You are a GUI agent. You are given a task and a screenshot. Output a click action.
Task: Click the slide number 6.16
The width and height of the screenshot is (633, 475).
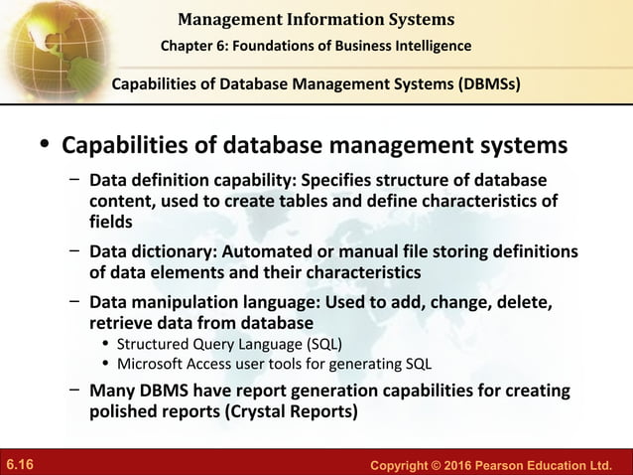pos(20,464)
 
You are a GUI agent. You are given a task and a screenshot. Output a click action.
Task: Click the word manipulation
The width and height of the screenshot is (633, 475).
pos(190,303)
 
